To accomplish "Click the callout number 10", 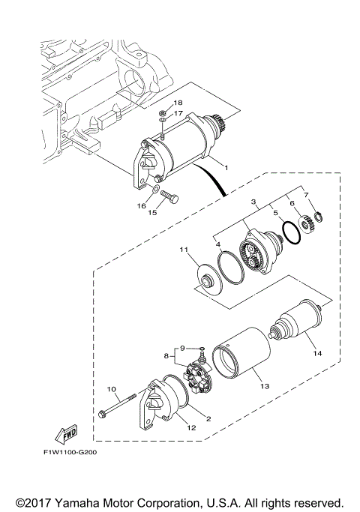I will pos(112,389).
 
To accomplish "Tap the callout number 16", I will pos(140,205).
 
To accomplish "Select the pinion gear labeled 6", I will pos(307,223).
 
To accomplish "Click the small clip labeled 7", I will pos(317,217).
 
